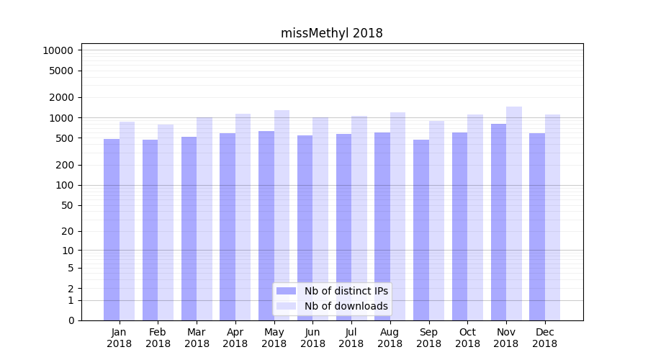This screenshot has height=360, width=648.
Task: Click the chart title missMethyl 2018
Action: click(331, 33)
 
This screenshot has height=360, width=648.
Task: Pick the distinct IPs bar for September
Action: click(421, 230)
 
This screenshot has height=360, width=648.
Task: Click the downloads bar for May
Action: click(282, 215)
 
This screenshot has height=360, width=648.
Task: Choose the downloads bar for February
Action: click(166, 222)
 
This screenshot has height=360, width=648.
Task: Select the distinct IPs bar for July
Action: click(343, 227)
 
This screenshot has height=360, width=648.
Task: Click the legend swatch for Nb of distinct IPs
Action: click(286, 291)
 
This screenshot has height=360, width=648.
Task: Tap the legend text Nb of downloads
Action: click(346, 306)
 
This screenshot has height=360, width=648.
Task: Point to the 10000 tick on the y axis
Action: click(58, 50)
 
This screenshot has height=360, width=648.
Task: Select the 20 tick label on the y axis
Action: click(67, 231)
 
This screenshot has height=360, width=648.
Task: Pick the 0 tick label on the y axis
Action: click(71, 320)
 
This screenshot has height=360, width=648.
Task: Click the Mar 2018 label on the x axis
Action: click(197, 338)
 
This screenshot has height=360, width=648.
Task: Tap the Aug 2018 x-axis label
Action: click(390, 338)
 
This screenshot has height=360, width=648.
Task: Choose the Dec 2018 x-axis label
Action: click(544, 338)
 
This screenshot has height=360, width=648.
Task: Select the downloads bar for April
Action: click(243, 217)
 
